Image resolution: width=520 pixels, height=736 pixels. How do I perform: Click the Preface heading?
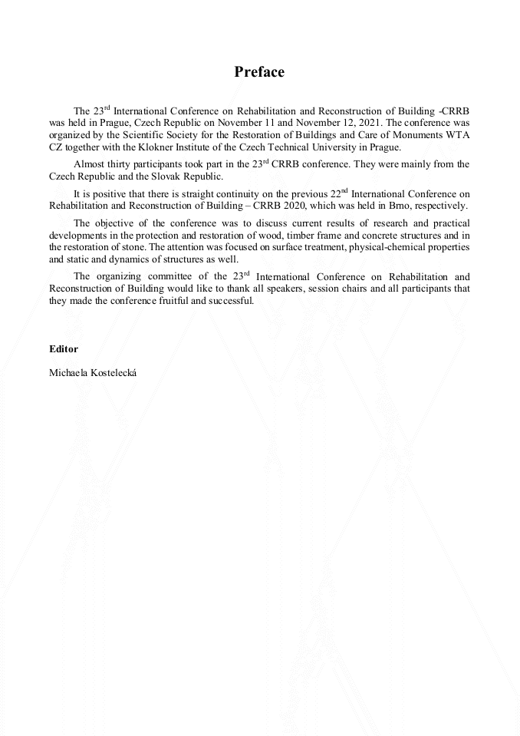point(259,72)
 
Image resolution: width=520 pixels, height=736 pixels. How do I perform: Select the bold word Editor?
point(63,348)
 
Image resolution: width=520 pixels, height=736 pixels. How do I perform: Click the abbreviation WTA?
point(456,135)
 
